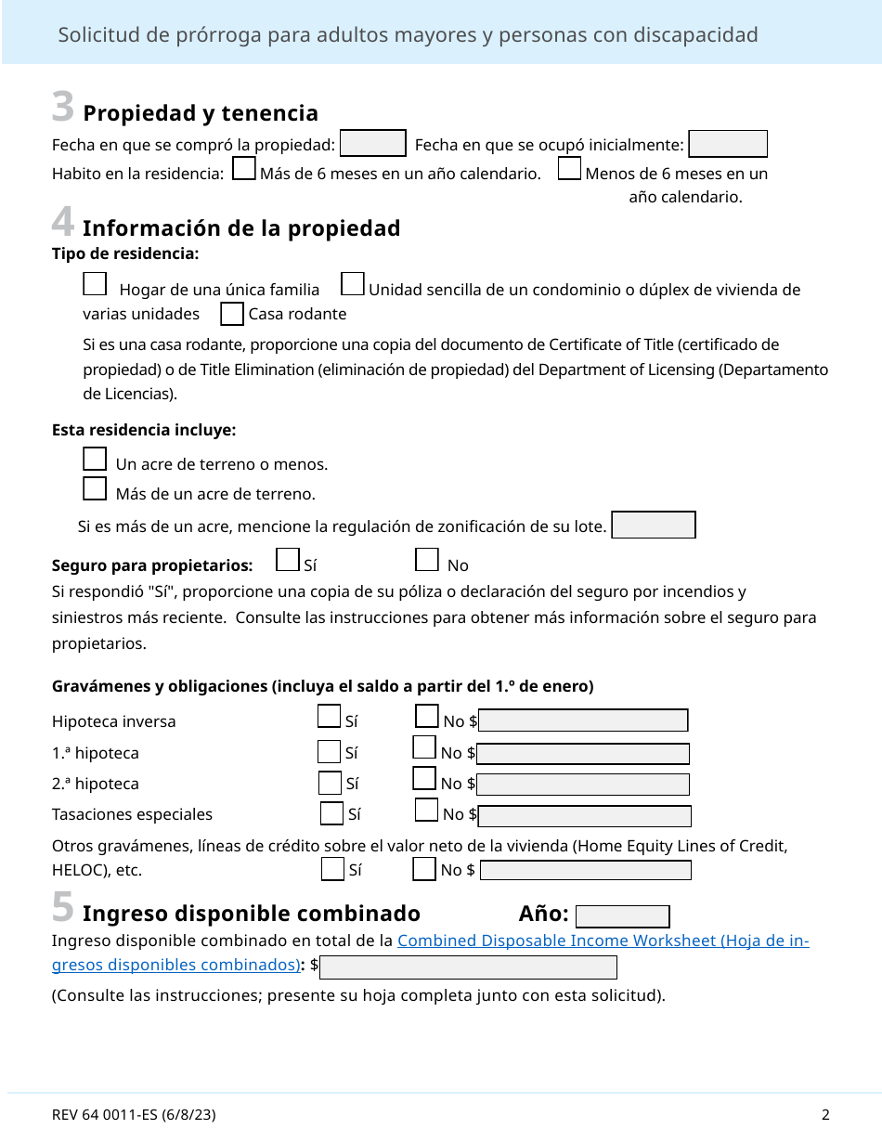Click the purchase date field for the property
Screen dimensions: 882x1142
373,144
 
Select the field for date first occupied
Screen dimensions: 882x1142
728,144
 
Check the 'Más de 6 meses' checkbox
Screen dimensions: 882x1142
244,169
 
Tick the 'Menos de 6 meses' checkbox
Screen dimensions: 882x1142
570,169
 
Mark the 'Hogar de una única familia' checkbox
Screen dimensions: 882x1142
95,284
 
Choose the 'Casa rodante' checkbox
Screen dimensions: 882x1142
232,315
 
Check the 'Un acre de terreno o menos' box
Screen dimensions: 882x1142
95,459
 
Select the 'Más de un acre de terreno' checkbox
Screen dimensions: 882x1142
95,488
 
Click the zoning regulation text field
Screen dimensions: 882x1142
654,526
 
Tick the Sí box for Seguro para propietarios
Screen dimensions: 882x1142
289,560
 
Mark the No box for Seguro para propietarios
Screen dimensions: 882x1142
427,560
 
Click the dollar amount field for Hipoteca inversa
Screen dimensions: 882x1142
583,721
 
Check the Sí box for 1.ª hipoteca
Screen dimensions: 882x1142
329,752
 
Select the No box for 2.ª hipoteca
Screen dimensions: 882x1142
423,779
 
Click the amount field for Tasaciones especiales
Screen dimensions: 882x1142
585,816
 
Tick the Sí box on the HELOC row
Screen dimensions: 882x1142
332,870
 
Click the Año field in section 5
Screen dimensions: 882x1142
622,916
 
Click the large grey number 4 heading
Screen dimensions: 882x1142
62,223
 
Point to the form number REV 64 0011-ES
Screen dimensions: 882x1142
134,1115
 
